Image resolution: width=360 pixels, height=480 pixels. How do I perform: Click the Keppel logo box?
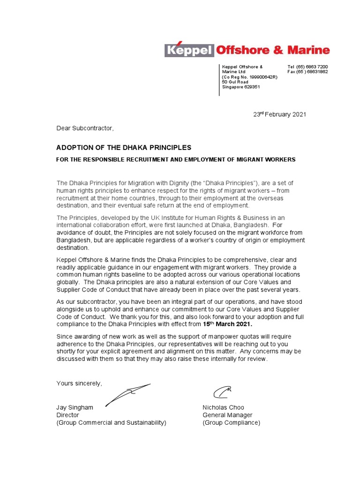click(189, 50)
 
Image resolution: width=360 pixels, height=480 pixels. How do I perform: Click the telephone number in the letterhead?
click(307, 67)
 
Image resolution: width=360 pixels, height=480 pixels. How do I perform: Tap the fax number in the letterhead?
click(307, 72)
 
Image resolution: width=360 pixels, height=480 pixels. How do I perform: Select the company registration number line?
click(249, 77)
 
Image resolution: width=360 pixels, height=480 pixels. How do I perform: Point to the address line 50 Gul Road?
click(235, 82)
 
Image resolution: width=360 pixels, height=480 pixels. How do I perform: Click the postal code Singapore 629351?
click(241, 87)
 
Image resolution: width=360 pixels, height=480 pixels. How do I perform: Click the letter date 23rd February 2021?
click(280, 115)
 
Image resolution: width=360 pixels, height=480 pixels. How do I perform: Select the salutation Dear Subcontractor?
click(85, 127)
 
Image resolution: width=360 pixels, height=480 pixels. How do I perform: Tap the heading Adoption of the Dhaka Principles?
click(124, 148)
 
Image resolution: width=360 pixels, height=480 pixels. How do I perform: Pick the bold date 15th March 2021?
click(224, 324)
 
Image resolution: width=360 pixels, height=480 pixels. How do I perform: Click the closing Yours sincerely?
click(79, 383)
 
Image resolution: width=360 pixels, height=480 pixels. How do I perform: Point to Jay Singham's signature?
click(127, 394)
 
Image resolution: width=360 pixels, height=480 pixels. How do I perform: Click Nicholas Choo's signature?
click(222, 392)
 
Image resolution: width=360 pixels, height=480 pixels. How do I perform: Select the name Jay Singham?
click(75, 407)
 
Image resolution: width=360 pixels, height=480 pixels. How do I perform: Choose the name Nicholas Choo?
click(223, 407)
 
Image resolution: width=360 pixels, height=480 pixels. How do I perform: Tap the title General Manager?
click(227, 415)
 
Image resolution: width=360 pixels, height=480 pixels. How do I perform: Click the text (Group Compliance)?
click(231, 422)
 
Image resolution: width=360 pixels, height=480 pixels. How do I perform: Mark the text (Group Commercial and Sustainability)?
click(111, 422)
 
